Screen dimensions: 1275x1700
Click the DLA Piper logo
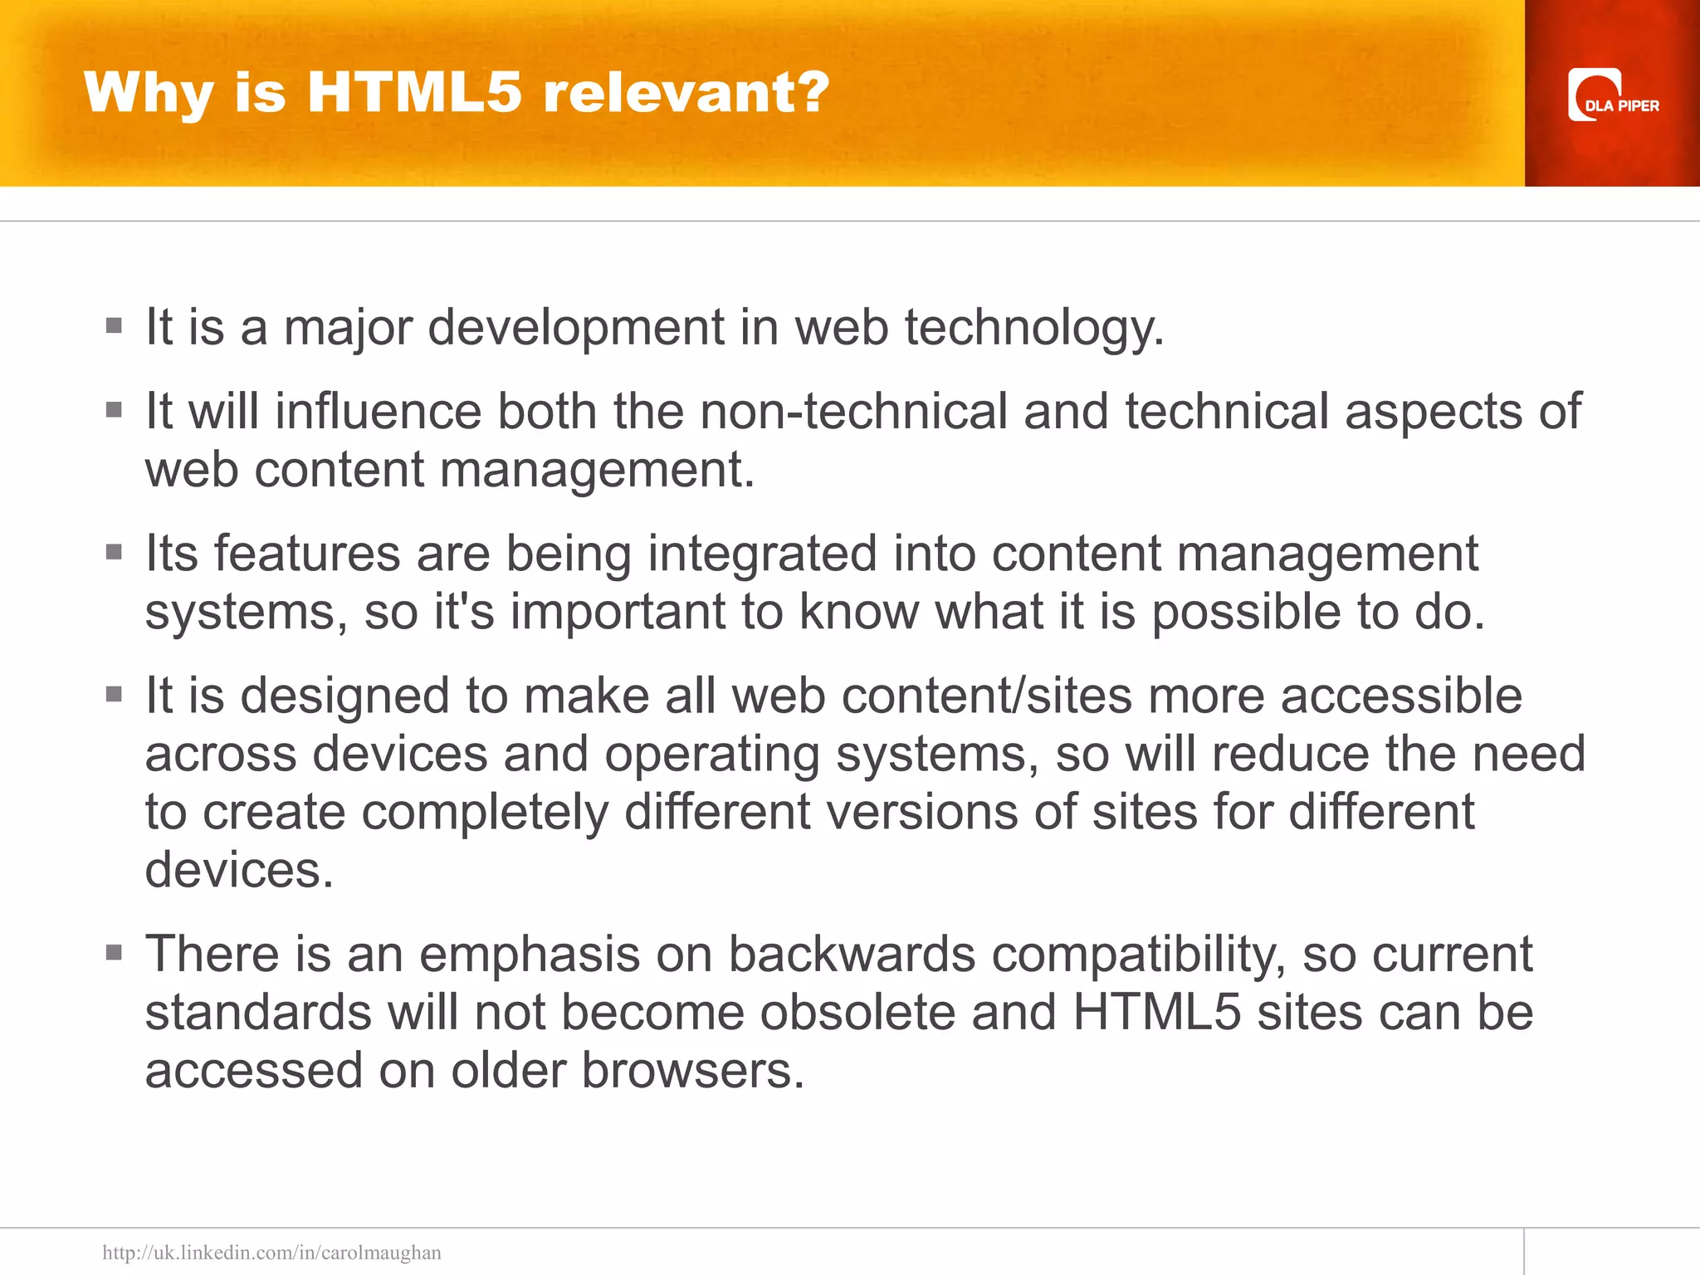click(x=1612, y=95)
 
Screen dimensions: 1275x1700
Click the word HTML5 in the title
click(x=414, y=91)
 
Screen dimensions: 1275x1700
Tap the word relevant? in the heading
click(x=686, y=91)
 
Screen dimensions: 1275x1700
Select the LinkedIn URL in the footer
click(x=271, y=1252)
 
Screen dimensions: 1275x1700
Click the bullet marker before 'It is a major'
click(x=115, y=325)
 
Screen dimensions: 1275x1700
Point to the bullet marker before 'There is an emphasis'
click(x=115, y=952)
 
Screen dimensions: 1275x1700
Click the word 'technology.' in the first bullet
click(x=1034, y=327)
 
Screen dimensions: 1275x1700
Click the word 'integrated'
click(x=761, y=554)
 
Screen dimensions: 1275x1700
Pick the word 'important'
click(x=618, y=612)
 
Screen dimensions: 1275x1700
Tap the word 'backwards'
click(x=852, y=954)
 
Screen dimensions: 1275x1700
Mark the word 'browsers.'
click(x=692, y=1070)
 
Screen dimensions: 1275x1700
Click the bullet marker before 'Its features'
click(x=115, y=552)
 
